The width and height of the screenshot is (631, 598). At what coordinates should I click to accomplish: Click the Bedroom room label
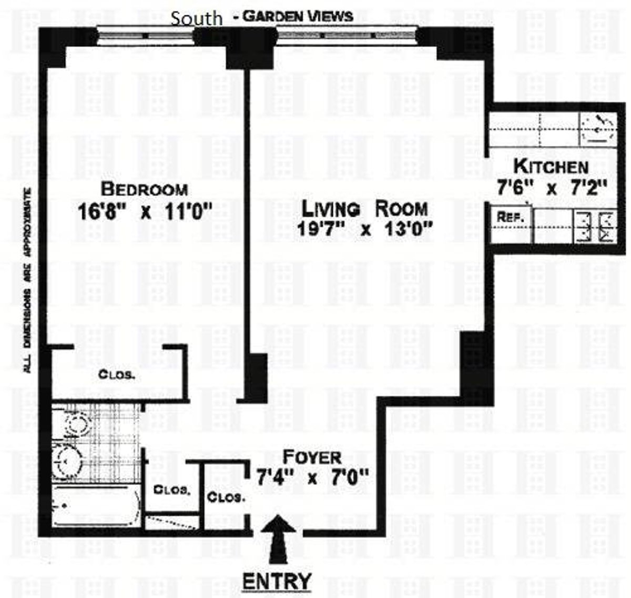[x=145, y=189]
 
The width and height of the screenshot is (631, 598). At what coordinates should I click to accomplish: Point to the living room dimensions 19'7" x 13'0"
[x=365, y=229]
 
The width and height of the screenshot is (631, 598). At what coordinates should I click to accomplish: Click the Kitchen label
[x=551, y=166]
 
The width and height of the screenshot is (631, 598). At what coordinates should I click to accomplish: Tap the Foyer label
[x=312, y=458]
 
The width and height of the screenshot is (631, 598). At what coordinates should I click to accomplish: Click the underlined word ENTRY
[x=277, y=580]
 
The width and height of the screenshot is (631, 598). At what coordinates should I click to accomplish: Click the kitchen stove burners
[x=595, y=226]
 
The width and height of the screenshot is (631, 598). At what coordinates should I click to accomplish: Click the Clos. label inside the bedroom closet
[x=116, y=374]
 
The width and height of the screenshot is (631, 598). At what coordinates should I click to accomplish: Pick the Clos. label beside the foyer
[x=226, y=498]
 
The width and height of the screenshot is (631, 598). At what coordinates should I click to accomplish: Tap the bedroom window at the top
[x=146, y=36]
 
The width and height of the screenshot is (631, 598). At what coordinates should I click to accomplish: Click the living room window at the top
[x=346, y=35]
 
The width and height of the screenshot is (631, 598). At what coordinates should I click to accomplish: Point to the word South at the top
[x=197, y=18]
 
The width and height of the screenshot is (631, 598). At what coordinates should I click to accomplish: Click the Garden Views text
[x=298, y=16]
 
